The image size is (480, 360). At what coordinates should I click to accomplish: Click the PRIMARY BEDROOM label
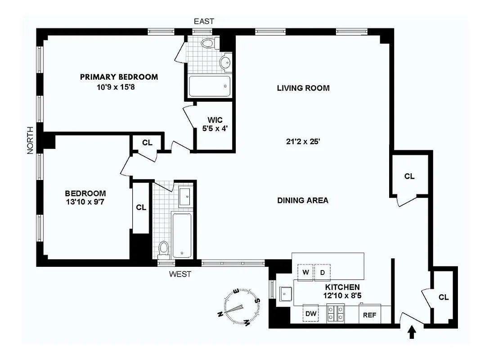(x=119, y=77)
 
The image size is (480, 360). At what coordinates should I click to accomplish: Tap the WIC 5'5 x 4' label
(x=215, y=124)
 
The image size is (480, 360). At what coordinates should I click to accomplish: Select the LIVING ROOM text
(x=303, y=88)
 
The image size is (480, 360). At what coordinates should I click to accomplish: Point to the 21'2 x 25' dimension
(x=303, y=141)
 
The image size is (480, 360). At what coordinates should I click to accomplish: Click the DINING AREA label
(x=302, y=200)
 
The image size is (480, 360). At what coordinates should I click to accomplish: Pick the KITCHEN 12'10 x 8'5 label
(x=342, y=291)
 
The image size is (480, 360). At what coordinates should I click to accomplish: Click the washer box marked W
(x=305, y=272)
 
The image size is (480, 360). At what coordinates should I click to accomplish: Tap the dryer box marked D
(x=323, y=272)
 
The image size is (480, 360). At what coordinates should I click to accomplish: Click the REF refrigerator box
(x=369, y=315)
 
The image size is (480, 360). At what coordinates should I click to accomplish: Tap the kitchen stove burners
(x=336, y=313)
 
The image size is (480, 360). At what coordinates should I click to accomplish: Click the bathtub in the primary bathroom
(x=209, y=86)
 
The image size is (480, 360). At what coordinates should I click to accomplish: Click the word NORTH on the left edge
(x=30, y=140)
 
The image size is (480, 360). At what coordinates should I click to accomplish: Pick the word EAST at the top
(x=203, y=21)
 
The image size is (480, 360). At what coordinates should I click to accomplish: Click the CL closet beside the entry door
(x=444, y=297)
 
